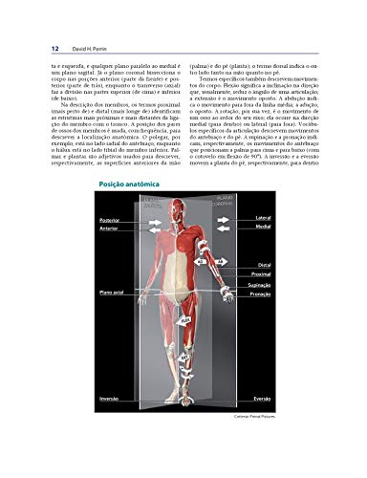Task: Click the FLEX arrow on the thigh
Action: (186, 319)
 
